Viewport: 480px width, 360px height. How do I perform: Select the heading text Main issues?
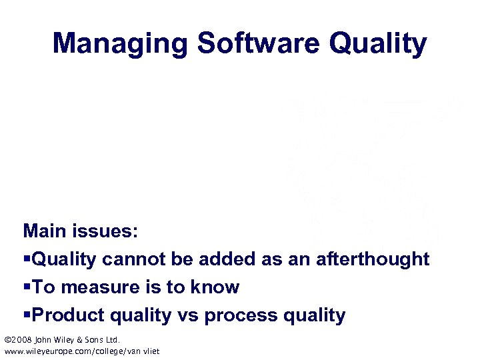81,231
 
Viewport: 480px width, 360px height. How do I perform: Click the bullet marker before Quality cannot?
27,259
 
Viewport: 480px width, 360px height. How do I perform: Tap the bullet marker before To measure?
27,287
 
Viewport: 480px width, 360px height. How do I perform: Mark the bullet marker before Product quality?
27,315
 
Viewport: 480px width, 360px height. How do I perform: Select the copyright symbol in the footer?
8,339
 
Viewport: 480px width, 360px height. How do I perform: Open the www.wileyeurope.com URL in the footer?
82,351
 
